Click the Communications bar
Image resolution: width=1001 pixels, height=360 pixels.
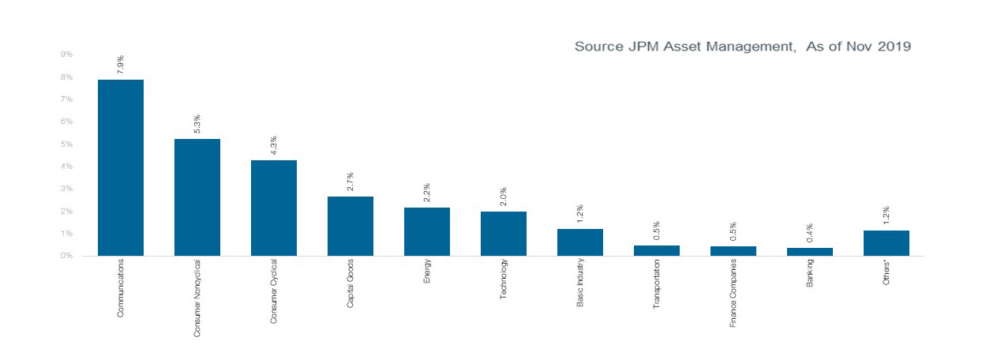(x=120, y=167)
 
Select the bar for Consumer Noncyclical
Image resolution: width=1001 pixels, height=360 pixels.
(x=197, y=197)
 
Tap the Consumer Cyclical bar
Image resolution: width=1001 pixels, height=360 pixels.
(x=273, y=208)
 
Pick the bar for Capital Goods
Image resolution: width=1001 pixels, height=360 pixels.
(x=350, y=226)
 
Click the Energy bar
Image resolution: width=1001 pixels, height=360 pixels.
(x=426, y=231)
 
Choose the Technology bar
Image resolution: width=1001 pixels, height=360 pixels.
(x=503, y=234)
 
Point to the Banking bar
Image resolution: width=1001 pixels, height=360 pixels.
(x=809, y=252)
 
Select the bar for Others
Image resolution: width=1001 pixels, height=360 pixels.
(x=886, y=243)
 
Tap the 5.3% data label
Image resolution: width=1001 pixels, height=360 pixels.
(x=197, y=124)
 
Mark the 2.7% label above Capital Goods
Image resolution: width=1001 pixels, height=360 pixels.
(x=351, y=182)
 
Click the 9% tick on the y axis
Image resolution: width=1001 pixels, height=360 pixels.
(x=66, y=54)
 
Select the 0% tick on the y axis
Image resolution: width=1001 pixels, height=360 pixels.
(x=66, y=256)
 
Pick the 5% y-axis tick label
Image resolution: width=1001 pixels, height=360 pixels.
(x=66, y=144)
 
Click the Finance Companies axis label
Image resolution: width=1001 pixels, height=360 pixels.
(x=733, y=293)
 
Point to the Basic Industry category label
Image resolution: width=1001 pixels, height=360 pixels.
(x=580, y=283)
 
